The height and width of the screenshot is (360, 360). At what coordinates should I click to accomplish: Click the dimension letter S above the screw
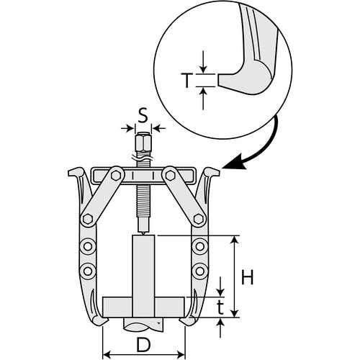[x=143, y=117]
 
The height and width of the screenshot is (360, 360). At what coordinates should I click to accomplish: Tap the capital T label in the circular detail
[x=186, y=81]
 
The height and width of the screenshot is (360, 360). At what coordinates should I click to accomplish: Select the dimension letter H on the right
[x=247, y=277]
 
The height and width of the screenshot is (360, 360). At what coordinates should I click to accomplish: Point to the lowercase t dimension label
[x=220, y=307]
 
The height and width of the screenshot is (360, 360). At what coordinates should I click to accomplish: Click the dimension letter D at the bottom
[x=143, y=345]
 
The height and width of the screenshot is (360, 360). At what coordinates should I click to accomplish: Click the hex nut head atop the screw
[x=143, y=142]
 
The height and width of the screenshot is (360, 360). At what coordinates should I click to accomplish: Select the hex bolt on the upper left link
[x=116, y=176]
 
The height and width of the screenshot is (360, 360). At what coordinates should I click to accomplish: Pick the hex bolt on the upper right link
[x=171, y=176]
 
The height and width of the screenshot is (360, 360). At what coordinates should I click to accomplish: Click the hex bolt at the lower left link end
[x=88, y=219]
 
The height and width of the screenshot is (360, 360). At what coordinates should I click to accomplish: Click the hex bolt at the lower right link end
[x=199, y=219]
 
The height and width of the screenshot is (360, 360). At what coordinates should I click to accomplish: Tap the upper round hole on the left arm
[x=88, y=246]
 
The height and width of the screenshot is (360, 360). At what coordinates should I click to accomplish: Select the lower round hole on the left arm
[x=88, y=271]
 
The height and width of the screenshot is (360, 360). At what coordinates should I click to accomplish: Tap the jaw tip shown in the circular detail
[x=219, y=81]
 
